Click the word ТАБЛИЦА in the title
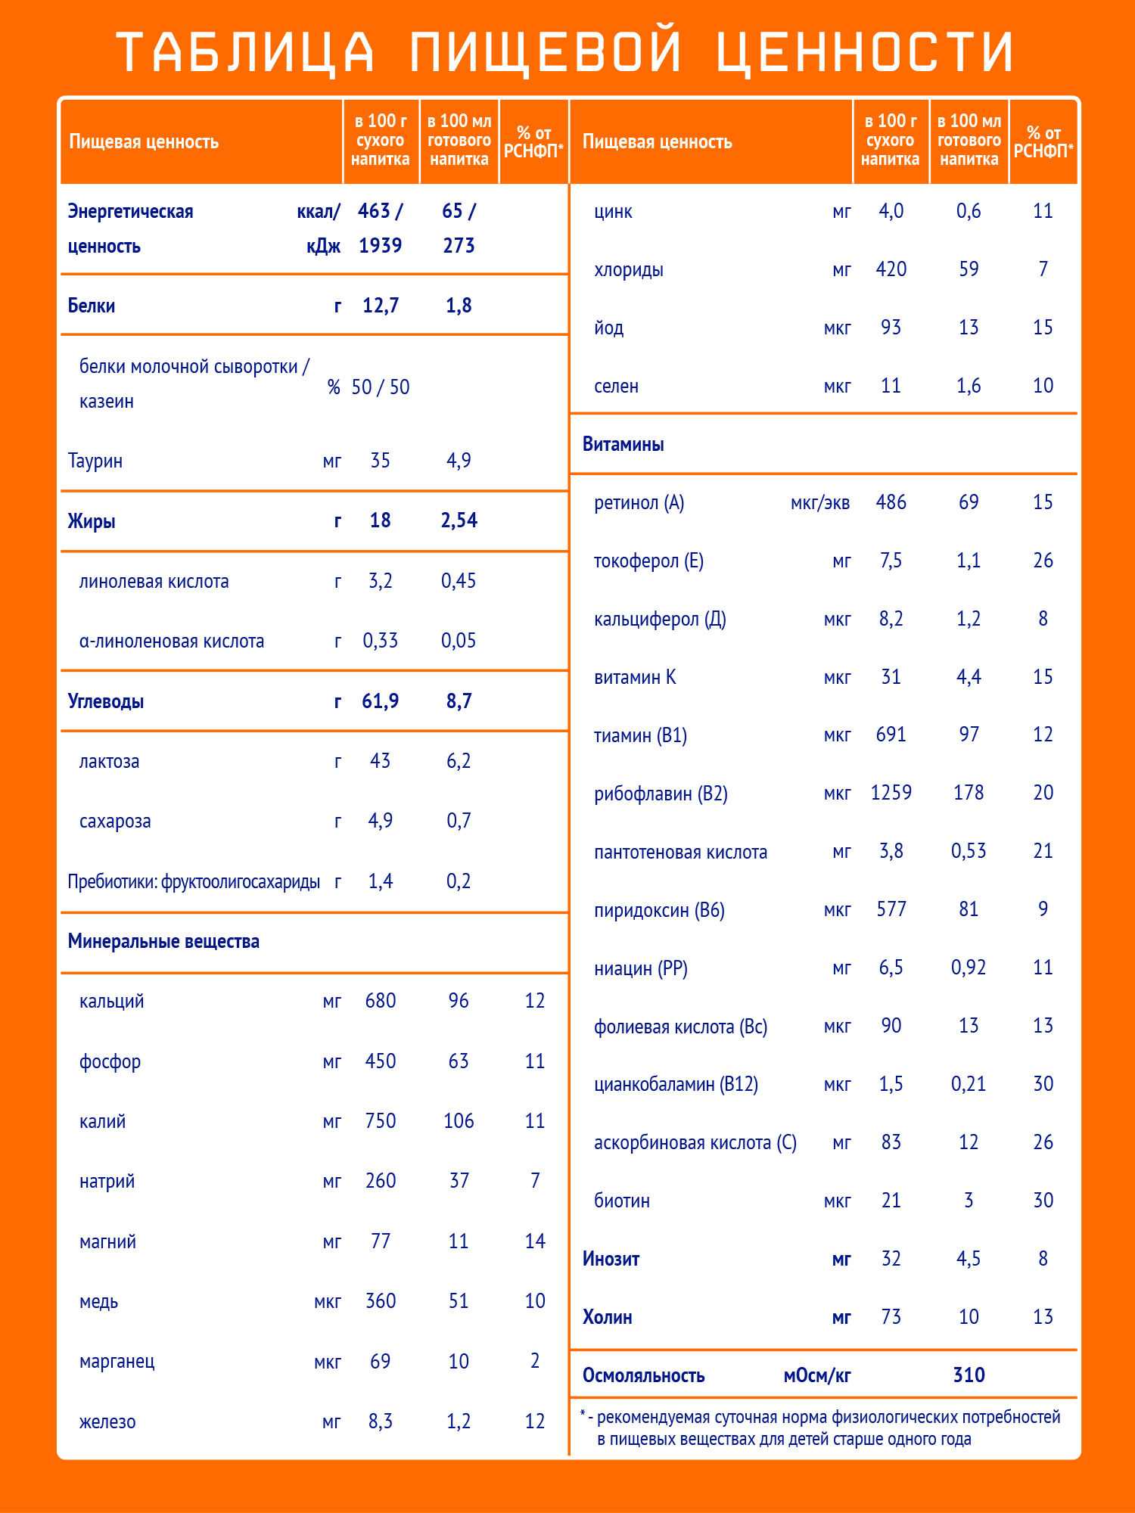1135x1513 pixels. [246, 52]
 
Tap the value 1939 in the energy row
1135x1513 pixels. [380, 246]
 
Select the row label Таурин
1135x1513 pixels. [95, 461]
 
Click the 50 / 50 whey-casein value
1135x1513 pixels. [380, 387]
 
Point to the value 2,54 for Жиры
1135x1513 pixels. [459, 520]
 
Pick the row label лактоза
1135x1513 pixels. [109, 761]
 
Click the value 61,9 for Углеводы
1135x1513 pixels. [380, 701]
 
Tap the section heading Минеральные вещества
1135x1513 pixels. [163, 941]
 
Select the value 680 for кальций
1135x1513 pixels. [380, 1001]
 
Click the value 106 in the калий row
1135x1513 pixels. [459, 1121]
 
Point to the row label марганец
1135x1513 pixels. [117, 1362]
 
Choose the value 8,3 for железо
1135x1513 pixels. [380, 1421]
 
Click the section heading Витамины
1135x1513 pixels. [623, 444]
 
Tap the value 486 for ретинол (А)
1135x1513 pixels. [891, 502]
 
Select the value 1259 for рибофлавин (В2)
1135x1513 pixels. [891, 793]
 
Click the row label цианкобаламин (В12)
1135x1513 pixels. [676, 1084]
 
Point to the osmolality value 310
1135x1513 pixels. [969, 1375]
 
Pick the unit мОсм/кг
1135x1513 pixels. [816, 1375]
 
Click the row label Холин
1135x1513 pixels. [607, 1317]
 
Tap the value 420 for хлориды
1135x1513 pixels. [891, 269]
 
